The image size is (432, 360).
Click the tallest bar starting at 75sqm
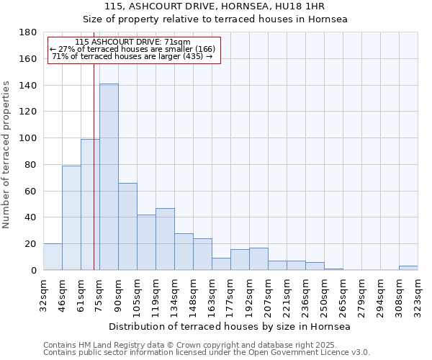pos(109,177)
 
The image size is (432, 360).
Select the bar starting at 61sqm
pos(90,204)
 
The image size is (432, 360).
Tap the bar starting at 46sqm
pos(71,217)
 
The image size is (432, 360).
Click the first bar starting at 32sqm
pos(53,257)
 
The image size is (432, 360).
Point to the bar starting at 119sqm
pos(165,239)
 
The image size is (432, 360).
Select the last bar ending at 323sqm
pos(408,268)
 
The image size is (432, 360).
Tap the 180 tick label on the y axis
pos(29,32)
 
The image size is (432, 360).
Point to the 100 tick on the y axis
pos(29,138)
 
